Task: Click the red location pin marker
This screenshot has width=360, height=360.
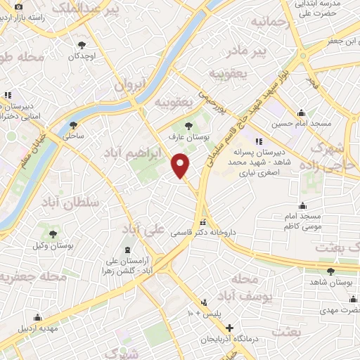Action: [181, 166]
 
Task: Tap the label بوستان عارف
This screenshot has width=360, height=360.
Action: [186, 136]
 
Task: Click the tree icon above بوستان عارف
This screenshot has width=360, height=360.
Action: [186, 125]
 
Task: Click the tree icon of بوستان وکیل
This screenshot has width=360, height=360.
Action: [52, 234]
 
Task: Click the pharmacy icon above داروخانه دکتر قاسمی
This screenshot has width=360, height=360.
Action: [203, 222]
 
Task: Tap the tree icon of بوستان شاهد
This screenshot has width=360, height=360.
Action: [330, 271]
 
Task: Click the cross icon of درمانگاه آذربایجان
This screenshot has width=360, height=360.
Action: [229, 328]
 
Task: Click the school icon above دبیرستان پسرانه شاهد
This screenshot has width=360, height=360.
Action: [258, 141]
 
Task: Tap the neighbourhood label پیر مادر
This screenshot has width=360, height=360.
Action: [251, 51]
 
